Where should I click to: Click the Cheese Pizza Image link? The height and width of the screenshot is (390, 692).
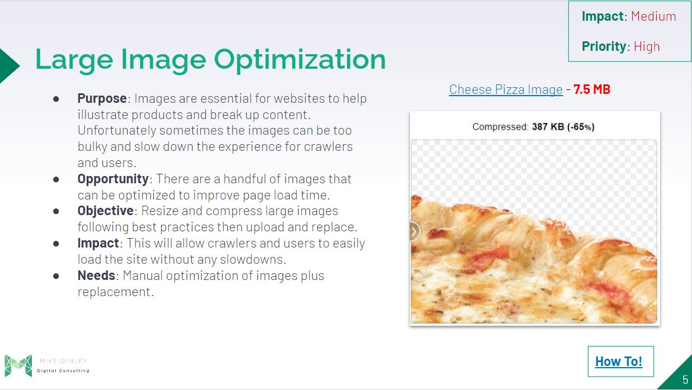(506, 89)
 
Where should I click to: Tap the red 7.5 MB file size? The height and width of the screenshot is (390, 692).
(592, 89)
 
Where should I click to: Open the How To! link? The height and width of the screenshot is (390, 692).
(619, 362)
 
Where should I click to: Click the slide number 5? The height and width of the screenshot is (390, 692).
(685, 379)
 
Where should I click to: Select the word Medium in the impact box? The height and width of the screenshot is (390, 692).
(653, 16)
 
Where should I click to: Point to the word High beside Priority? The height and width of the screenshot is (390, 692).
(647, 46)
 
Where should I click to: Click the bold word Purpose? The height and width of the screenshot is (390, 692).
(102, 99)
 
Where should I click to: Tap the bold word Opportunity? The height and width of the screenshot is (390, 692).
(113, 179)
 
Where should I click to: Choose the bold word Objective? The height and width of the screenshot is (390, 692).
(105, 211)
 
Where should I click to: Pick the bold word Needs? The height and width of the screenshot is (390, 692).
(96, 275)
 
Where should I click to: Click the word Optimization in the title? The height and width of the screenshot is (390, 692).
(300, 60)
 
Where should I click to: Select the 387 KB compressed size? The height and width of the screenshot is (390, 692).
(548, 126)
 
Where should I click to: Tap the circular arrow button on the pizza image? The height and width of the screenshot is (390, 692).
(415, 231)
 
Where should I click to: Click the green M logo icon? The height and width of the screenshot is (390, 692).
(18, 365)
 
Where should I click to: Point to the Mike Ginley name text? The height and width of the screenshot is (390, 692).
(63, 361)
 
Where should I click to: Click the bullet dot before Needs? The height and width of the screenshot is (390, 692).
(56, 276)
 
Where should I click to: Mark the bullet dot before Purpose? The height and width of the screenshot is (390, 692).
(56, 99)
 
